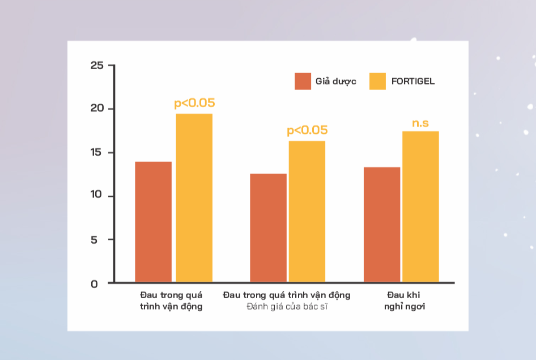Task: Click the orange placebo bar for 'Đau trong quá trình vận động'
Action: pyautogui.click(x=153, y=222)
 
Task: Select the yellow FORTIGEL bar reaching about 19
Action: pyautogui.click(x=194, y=198)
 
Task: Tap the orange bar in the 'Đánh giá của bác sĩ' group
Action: pyautogui.click(x=269, y=228)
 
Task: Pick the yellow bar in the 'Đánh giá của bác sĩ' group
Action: pyautogui.click(x=307, y=211)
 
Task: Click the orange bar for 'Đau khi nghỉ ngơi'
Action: pyautogui.click(x=382, y=225)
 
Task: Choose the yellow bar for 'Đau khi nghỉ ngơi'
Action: pyautogui.click(x=420, y=207)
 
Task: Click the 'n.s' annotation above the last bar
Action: pyautogui.click(x=420, y=123)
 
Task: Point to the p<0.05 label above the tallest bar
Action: pyautogui.click(x=194, y=103)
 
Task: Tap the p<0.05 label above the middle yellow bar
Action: pyautogui.click(x=307, y=130)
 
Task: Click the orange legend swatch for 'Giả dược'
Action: pyautogui.click(x=303, y=82)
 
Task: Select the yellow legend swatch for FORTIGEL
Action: pyautogui.click(x=377, y=82)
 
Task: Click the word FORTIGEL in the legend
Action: pyautogui.click(x=413, y=82)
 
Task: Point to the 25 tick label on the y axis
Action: pyautogui.click(x=97, y=65)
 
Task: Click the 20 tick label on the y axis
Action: pyautogui.click(x=97, y=108)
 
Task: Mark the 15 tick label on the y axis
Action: pyautogui.click(x=96, y=152)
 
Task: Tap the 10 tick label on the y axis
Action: pyautogui.click(x=96, y=194)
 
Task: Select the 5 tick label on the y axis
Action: pyautogui.click(x=94, y=240)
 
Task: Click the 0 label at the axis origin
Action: pyautogui.click(x=95, y=284)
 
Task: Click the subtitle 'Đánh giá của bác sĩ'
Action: pyautogui.click(x=287, y=306)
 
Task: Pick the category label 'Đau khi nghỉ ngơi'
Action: pyautogui.click(x=405, y=300)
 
